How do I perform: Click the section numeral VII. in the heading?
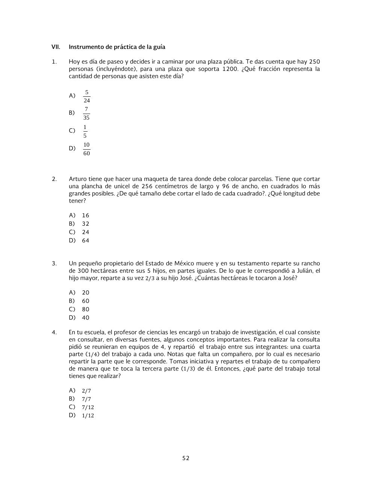click(x=56, y=47)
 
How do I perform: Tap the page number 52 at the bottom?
click(x=186, y=458)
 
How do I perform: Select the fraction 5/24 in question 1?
click(x=87, y=96)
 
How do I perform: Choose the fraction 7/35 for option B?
click(x=86, y=114)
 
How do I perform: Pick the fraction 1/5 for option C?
click(x=85, y=131)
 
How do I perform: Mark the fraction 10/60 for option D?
click(x=86, y=149)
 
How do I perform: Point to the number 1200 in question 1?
click(x=230, y=69)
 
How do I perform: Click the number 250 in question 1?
click(x=314, y=62)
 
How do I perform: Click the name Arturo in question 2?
click(x=78, y=179)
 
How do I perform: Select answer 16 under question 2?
click(x=86, y=216)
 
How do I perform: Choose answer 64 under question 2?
click(x=86, y=241)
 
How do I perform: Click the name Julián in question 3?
click(x=301, y=271)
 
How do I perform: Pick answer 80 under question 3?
click(x=86, y=309)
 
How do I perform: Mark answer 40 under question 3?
click(x=86, y=318)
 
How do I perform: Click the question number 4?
click(x=54, y=333)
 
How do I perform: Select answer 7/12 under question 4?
click(x=88, y=407)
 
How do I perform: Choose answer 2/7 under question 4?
click(x=86, y=391)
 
